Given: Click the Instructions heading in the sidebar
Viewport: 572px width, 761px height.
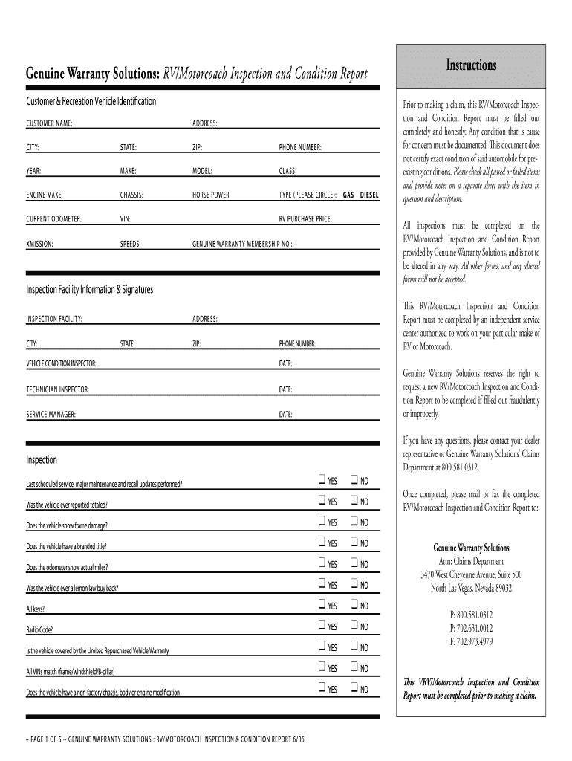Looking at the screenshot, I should coord(471,65).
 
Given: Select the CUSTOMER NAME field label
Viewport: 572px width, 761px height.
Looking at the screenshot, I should coord(49,123).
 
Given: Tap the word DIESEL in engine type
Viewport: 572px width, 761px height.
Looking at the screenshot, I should coord(369,195).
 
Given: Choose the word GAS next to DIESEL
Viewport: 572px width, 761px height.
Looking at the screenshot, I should coord(348,195).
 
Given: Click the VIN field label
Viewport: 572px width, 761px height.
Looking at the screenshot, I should coord(126,219).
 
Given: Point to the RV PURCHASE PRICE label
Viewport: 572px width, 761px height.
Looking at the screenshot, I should coord(305,219).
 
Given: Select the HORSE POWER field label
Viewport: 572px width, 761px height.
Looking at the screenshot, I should coord(211,195).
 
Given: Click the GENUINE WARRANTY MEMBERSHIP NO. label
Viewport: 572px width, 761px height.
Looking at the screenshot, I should coord(243,243).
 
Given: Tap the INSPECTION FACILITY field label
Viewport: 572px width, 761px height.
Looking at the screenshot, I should coord(54,319).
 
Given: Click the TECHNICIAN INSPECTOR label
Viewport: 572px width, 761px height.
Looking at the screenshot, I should coord(58,389).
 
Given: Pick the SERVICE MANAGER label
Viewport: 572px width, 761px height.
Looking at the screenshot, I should coord(51,414).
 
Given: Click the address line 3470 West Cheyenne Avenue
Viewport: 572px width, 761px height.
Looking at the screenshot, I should coord(470,574).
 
